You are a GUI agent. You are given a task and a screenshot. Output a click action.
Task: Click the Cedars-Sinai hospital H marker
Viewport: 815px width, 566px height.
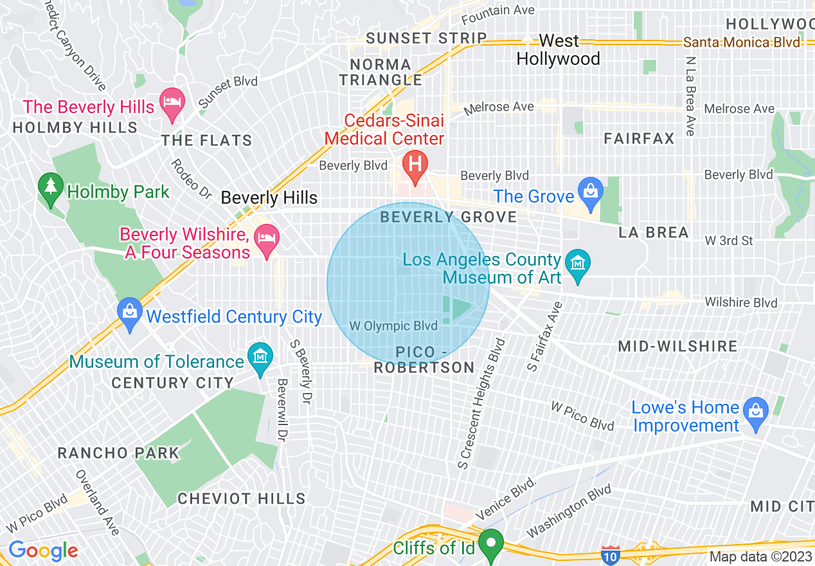[415, 161]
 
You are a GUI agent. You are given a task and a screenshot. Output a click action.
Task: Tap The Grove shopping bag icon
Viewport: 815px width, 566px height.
[589, 191]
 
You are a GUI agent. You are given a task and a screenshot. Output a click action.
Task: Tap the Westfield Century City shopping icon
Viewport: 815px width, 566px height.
[130, 312]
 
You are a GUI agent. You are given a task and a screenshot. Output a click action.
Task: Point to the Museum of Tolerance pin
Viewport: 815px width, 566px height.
[260, 356]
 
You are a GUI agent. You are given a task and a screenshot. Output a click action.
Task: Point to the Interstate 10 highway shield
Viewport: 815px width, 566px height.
[610, 554]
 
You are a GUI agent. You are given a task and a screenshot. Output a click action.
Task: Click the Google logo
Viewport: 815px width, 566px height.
[43, 551]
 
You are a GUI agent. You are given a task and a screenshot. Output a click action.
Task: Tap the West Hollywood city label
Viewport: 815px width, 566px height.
[558, 50]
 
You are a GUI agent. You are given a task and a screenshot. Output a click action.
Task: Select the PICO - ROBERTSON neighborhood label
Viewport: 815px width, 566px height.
[424, 360]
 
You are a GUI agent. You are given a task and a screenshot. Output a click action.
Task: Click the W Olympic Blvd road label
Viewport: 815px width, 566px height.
[393, 326]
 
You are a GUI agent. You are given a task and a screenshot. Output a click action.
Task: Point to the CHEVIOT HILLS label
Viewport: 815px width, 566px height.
[242, 498]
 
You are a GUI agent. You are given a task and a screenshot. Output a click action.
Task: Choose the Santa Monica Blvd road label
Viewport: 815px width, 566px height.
[742, 42]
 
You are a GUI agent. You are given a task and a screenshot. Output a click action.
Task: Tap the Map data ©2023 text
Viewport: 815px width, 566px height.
[759, 556]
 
